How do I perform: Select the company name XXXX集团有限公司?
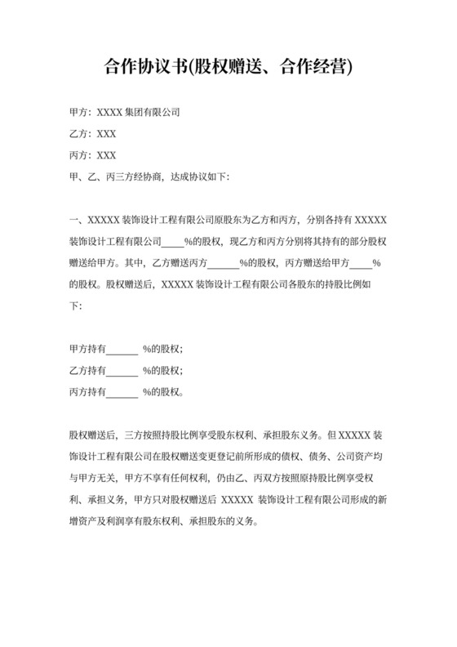point(138,112)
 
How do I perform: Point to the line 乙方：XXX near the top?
point(94,133)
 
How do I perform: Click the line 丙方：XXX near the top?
point(94,154)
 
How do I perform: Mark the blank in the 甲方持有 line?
point(122,349)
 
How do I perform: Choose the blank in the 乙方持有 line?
point(122,370)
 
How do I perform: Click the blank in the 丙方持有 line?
point(122,392)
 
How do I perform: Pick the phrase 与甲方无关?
point(93,477)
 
